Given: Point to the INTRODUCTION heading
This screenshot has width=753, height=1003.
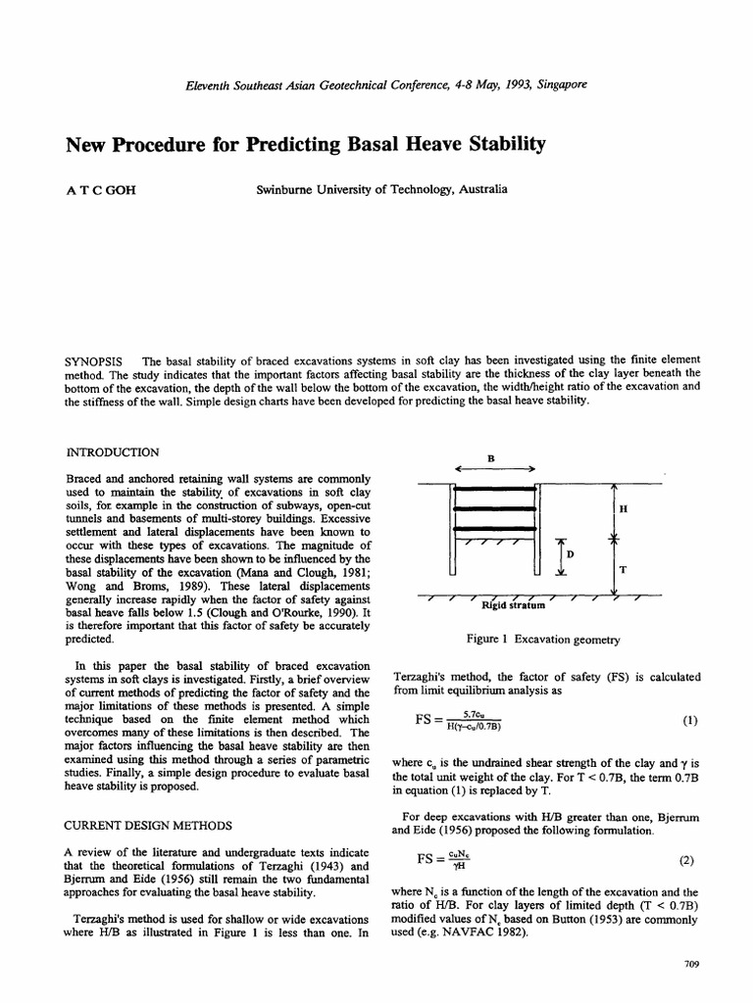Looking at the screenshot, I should (x=111, y=453).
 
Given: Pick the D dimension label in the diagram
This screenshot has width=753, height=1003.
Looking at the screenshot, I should (x=570, y=554).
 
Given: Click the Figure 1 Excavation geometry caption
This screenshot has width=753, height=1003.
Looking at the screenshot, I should (x=545, y=640).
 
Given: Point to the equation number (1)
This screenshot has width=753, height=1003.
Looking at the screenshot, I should (x=688, y=721).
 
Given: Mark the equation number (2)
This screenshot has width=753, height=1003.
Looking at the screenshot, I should (x=686, y=861).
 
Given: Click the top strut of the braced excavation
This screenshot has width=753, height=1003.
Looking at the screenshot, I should (x=495, y=488).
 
